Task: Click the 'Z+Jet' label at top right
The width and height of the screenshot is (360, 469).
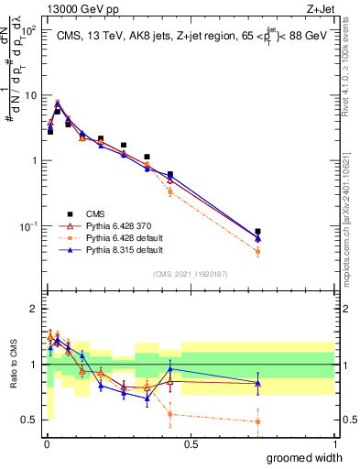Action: [317, 8]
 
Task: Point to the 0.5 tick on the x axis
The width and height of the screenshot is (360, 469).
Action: [190, 443]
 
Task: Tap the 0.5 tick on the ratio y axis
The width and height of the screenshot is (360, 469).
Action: [29, 420]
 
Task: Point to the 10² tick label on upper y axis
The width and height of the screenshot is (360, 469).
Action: [27, 30]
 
